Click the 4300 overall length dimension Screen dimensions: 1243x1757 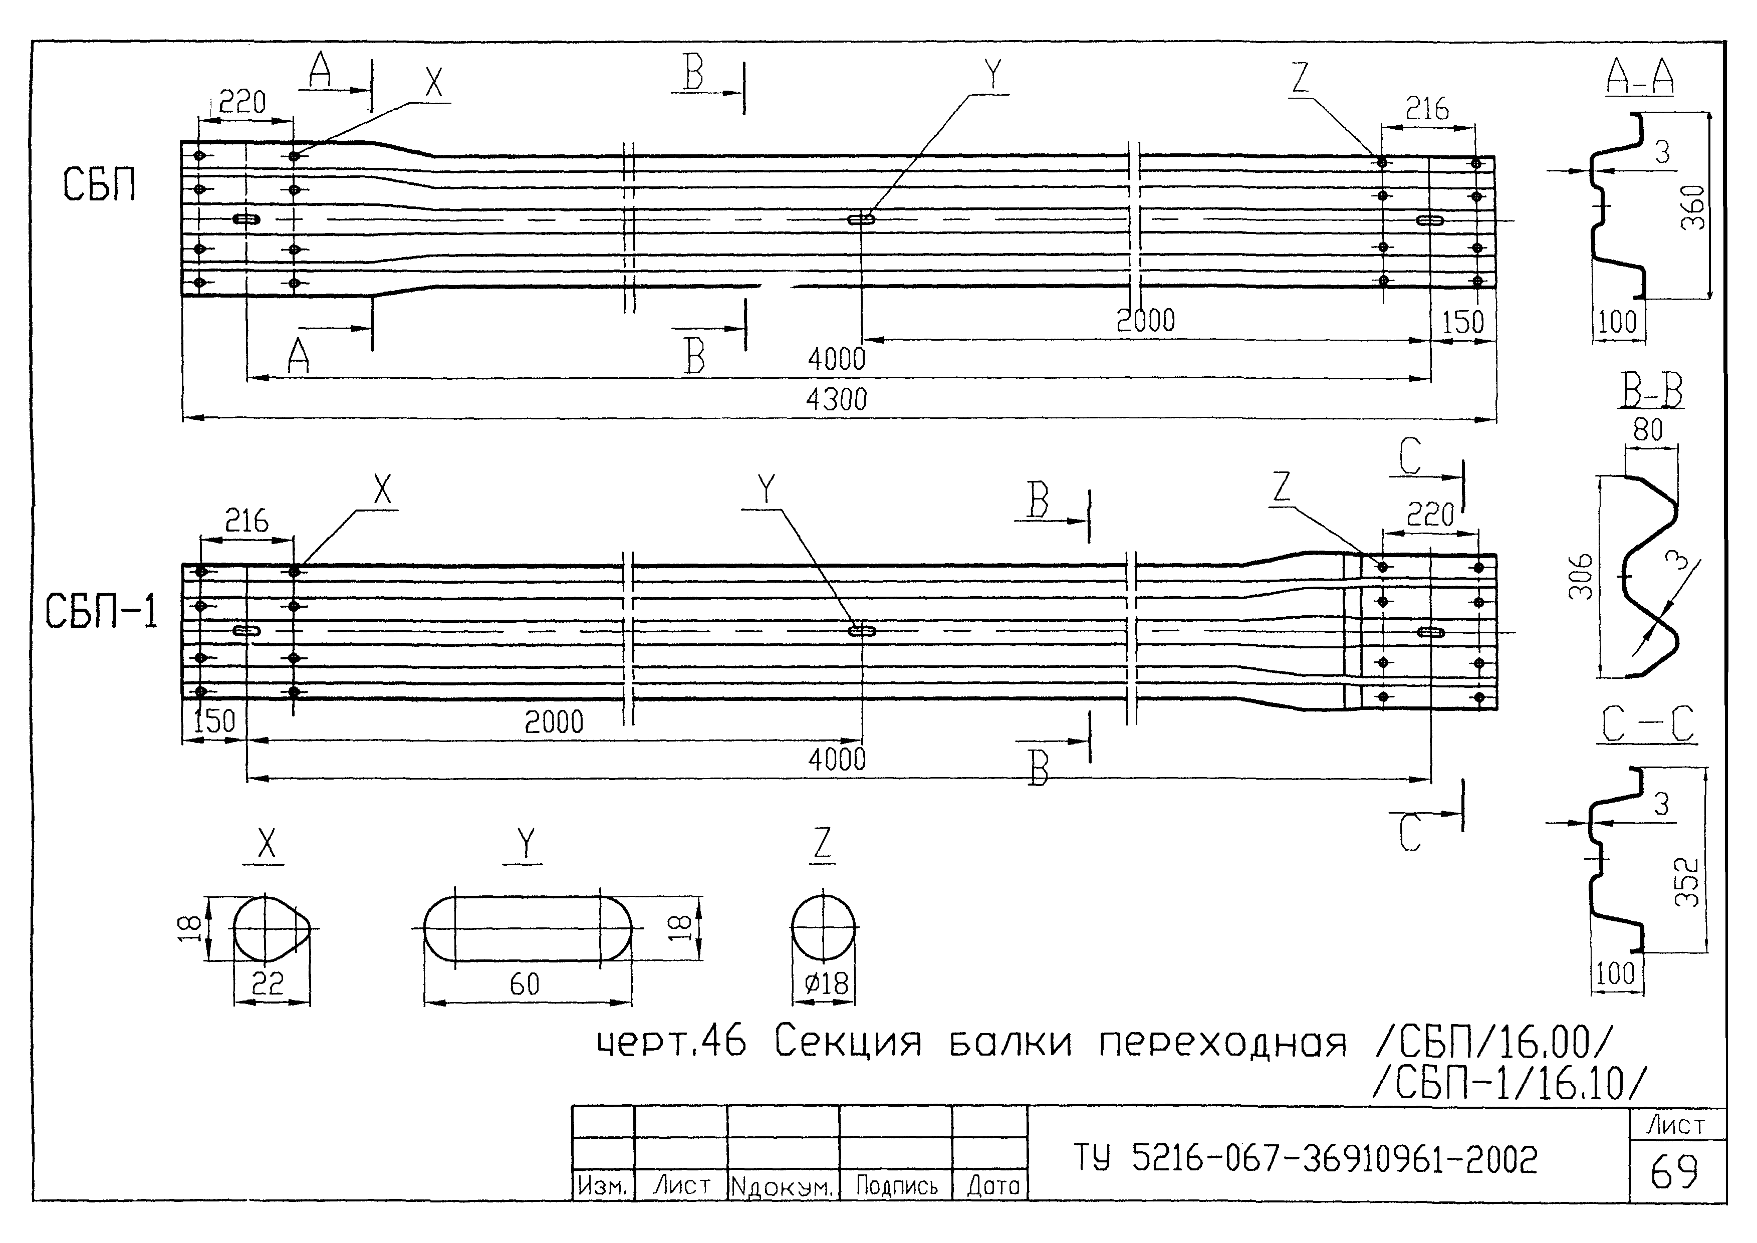tap(836, 399)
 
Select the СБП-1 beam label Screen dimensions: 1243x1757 tap(101, 612)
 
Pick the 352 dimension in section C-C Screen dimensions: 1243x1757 tap(1686, 882)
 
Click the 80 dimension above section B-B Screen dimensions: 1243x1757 tap(1648, 430)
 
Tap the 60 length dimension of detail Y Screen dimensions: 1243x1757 tap(525, 984)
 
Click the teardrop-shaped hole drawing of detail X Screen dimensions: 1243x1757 tap(270, 928)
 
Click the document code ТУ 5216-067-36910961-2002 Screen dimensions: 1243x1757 tap(1306, 1159)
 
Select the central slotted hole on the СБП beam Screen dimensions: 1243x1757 tap(862, 219)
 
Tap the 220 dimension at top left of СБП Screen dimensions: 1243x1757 tap(242, 102)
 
